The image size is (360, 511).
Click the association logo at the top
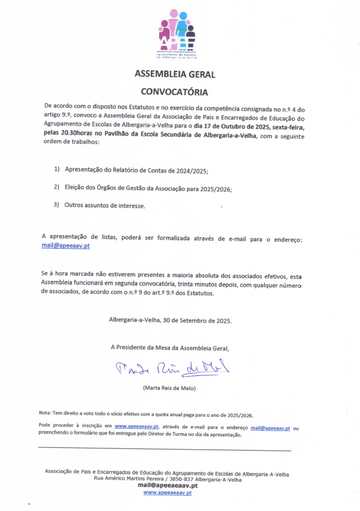click(x=178, y=33)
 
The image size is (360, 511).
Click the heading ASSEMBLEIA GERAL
click(x=175, y=75)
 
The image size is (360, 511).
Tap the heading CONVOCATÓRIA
click(x=174, y=91)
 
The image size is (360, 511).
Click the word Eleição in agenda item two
click(x=76, y=188)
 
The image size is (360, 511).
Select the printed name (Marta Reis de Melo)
click(x=169, y=388)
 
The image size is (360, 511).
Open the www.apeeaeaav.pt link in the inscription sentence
click(x=136, y=427)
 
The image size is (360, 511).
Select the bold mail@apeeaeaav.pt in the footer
click(x=168, y=485)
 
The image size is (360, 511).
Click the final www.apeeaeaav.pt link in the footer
click(x=167, y=492)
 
